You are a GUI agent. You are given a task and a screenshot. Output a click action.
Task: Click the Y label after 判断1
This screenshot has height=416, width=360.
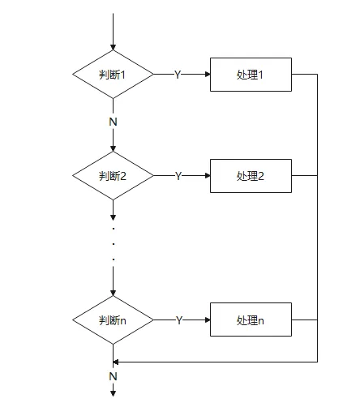pyautogui.click(x=178, y=75)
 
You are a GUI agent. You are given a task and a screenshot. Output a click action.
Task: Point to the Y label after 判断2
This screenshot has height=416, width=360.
pyautogui.click(x=178, y=176)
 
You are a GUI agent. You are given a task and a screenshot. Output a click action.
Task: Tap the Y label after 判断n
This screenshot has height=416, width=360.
pyautogui.click(x=179, y=320)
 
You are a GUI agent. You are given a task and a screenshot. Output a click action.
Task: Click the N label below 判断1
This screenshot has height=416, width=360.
pyautogui.click(x=113, y=122)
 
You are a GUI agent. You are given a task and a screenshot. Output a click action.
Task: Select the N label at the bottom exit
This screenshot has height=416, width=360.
pyautogui.click(x=113, y=376)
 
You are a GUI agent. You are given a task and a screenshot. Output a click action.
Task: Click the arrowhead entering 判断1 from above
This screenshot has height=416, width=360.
pyautogui.click(x=113, y=48)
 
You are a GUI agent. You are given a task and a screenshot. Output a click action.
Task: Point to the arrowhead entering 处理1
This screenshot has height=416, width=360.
pyautogui.click(x=208, y=75)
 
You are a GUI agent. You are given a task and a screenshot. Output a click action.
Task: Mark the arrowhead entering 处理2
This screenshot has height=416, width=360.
pyautogui.click(x=208, y=176)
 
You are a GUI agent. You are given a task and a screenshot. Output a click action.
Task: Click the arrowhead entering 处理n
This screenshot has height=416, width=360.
pyautogui.click(x=208, y=320)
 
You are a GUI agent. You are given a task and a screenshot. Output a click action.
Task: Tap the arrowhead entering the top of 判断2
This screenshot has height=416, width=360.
pyautogui.click(x=113, y=149)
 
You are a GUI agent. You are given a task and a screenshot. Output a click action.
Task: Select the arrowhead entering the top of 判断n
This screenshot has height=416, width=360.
pyautogui.click(x=113, y=294)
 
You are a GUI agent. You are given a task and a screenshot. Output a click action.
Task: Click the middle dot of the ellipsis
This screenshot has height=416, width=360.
pyautogui.click(x=114, y=244)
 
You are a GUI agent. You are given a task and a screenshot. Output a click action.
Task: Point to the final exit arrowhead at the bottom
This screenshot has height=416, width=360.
pyautogui.click(x=113, y=393)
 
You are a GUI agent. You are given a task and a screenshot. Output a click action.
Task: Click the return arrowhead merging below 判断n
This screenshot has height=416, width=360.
pyautogui.click(x=116, y=362)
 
